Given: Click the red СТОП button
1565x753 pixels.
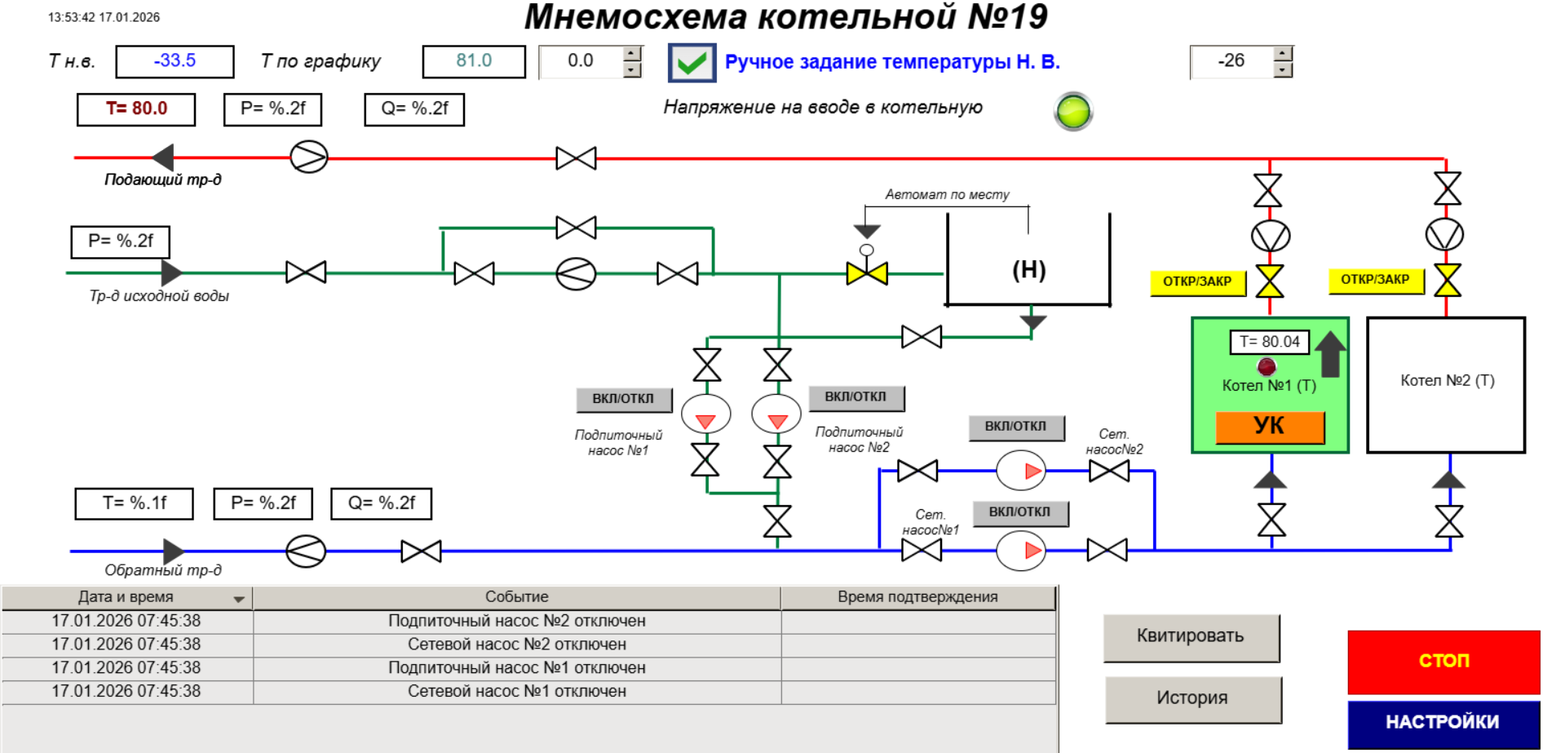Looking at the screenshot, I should [x=1443, y=661].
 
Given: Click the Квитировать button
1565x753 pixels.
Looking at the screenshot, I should [x=1191, y=637].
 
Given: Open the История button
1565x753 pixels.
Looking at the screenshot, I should [x=1192, y=699].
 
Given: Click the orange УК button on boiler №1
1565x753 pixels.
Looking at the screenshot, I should [x=1269, y=427].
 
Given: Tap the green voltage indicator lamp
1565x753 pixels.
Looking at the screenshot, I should [x=1073, y=112].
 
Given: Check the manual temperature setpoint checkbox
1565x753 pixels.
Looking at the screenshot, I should [x=692, y=63].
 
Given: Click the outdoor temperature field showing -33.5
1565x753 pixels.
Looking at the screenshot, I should [x=175, y=61].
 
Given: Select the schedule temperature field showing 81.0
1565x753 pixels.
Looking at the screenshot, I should [x=473, y=61].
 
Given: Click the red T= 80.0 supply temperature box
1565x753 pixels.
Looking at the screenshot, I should [x=136, y=109].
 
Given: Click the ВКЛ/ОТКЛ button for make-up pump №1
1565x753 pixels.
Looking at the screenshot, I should [x=624, y=399].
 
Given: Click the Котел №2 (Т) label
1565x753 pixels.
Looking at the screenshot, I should [x=1447, y=381].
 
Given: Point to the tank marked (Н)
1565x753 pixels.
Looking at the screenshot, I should [x=1028, y=269].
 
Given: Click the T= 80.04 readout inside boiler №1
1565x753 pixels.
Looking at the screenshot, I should [x=1269, y=342].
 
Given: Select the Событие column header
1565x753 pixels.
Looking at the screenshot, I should [x=516, y=597].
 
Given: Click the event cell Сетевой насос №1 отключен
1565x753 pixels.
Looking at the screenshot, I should [x=516, y=692].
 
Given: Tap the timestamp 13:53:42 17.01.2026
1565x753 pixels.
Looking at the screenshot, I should [x=104, y=17].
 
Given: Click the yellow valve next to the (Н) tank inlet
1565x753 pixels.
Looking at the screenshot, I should [x=866, y=273].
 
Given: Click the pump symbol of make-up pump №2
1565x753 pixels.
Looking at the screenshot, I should [x=776, y=414].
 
